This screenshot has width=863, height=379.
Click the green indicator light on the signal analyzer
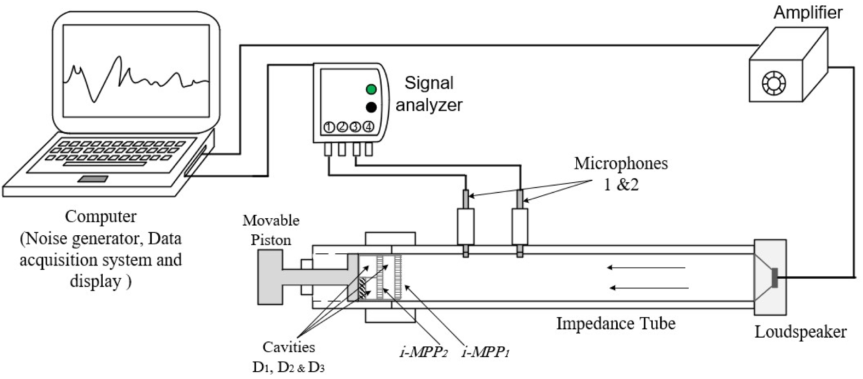tap(371, 89)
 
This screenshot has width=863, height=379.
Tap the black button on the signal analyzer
tap(371, 108)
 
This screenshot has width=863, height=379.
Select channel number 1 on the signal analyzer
tap(329, 128)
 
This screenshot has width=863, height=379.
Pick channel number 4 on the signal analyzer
tap(369, 128)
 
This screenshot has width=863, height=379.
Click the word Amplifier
tap(808, 12)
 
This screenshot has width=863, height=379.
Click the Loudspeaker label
tap(800, 332)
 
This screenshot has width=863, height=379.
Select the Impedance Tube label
tap(616, 323)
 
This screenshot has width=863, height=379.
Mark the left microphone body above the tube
tap(466, 227)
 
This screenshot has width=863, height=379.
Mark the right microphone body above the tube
tap(520, 227)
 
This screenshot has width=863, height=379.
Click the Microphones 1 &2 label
tap(621, 173)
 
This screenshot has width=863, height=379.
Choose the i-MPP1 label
tap(485, 352)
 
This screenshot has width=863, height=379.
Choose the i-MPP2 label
tap(423, 352)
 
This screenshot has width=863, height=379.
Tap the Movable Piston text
tap(271, 230)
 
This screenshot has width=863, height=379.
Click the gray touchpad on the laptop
tap(94, 179)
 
